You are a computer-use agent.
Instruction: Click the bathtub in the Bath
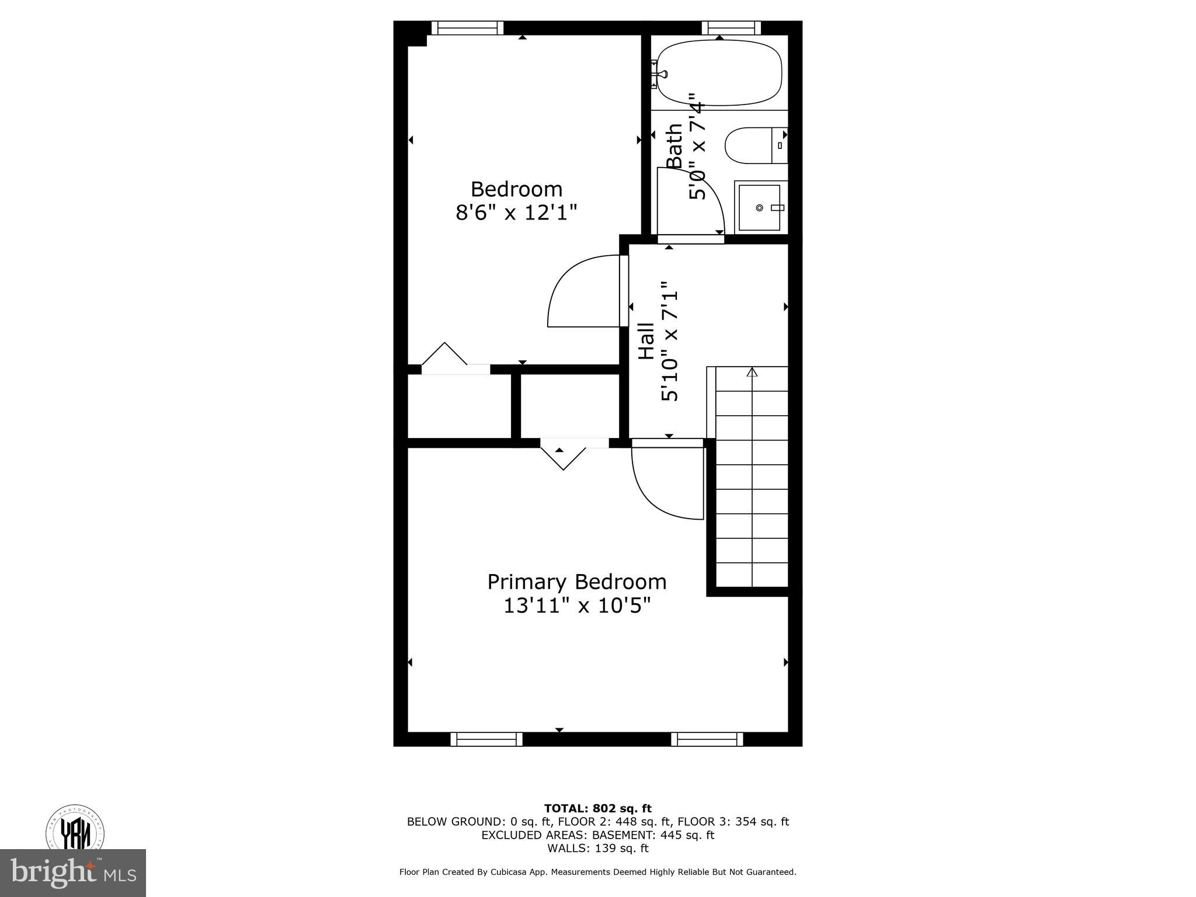point(719,73)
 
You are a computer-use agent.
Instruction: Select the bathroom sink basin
point(759,207)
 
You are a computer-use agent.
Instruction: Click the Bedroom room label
point(516,189)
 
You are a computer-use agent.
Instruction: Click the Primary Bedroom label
point(577,582)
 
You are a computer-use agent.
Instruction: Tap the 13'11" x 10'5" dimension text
point(577,606)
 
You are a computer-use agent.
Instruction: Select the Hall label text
point(646,341)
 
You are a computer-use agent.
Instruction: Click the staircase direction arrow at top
point(752,371)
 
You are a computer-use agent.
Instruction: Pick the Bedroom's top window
point(467,27)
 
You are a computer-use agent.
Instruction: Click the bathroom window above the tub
point(731,27)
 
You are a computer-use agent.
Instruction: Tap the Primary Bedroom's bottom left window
point(486,739)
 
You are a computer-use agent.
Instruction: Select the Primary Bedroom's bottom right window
point(707,739)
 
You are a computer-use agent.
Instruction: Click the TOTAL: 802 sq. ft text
point(597,809)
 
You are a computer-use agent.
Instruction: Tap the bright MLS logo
point(73,874)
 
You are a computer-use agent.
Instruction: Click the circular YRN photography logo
point(75,829)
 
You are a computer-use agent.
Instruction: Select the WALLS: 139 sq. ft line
point(597,849)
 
